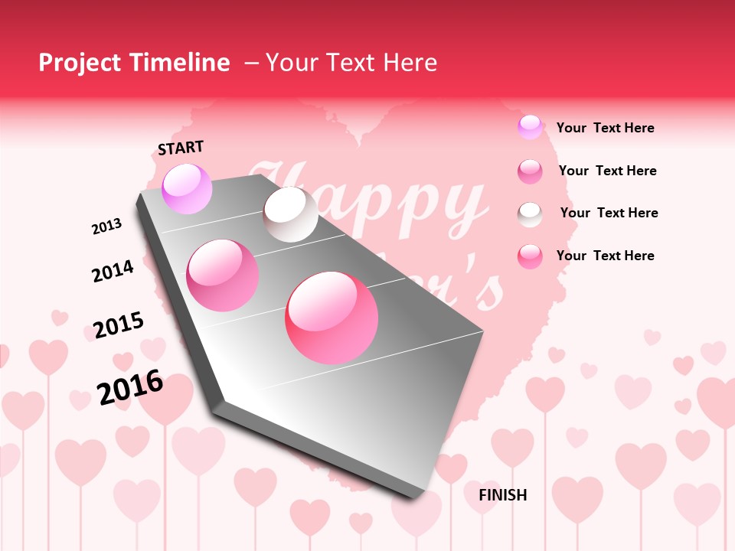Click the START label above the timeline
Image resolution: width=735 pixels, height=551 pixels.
(181, 148)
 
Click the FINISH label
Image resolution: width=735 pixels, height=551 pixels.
(502, 495)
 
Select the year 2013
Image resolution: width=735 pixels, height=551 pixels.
(106, 226)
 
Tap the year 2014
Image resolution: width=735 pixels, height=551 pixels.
(113, 271)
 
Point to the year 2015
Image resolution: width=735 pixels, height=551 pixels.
(118, 325)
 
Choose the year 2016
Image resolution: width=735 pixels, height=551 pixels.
(130, 386)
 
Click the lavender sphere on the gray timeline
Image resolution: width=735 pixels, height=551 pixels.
(187, 188)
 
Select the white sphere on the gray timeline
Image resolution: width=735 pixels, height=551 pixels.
(290, 214)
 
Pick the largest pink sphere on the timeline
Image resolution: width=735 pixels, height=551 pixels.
(332, 317)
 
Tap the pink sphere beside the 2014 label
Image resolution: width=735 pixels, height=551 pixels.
(223, 275)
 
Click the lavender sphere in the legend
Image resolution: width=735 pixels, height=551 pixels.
(530, 127)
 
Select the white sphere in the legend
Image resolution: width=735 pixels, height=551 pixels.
(530, 214)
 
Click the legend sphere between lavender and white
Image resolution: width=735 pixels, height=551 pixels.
(530, 171)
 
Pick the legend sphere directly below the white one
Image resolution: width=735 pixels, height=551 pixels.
(530, 256)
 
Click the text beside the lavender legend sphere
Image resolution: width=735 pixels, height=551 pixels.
(605, 128)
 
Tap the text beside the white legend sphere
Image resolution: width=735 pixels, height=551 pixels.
(609, 213)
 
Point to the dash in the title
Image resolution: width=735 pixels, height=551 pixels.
(251, 63)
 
